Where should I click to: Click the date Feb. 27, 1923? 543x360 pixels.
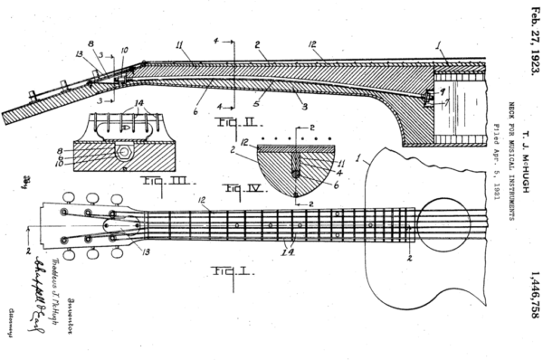(x=531, y=41)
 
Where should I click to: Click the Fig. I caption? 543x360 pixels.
(x=220, y=271)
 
